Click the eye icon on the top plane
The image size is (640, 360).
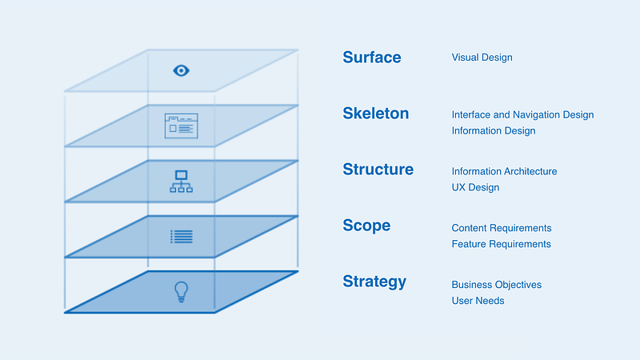[x=182, y=70]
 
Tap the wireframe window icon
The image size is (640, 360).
[x=182, y=126]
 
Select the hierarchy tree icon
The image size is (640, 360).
[x=182, y=182]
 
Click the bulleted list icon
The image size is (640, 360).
[x=182, y=237]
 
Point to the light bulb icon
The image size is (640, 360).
[x=182, y=292]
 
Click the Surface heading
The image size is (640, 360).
[x=372, y=57]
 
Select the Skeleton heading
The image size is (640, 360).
[x=375, y=113]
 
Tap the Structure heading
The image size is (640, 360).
[x=378, y=169]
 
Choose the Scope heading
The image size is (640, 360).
[x=366, y=226]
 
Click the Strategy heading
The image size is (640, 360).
[x=374, y=282]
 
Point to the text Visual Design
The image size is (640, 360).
[x=482, y=58]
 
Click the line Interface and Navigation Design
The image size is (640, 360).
[x=522, y=114]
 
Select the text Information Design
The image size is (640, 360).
[x=494, y=130]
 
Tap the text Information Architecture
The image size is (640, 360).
[x=504, y=171]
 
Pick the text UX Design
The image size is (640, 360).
[x=475, y=187]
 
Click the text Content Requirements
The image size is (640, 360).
[x=502, y=228]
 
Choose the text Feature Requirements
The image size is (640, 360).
[x=502, y=244]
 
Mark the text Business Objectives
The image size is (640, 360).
[x=496, y=285]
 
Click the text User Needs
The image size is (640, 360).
[x=478, y=301]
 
